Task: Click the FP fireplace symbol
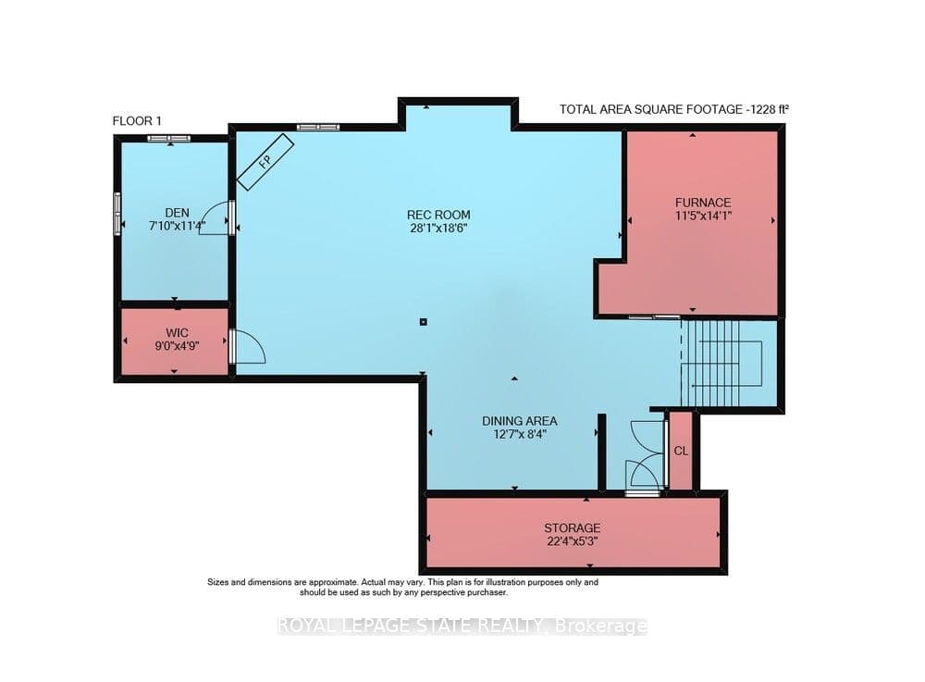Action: tap(265, 162)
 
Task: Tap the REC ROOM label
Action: tap(438, 215)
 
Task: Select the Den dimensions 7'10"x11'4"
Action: tap(177, 226)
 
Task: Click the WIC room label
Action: tap(177, 333)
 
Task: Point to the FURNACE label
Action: tap(703, 203)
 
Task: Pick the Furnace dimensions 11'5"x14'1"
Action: tap(703, 216)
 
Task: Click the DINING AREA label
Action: tap(519, 421)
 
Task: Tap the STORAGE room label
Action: tap(572, 527)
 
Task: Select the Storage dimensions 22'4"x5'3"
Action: tap(572, 541)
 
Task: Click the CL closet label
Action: tap(681, 451)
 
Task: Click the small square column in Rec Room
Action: tap(423, 322)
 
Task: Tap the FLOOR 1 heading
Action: tap(137, 121)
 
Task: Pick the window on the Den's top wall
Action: tap(169, 138)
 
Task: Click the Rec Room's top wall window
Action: tap(318, 127)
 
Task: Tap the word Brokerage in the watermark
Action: tap(600, 626)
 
